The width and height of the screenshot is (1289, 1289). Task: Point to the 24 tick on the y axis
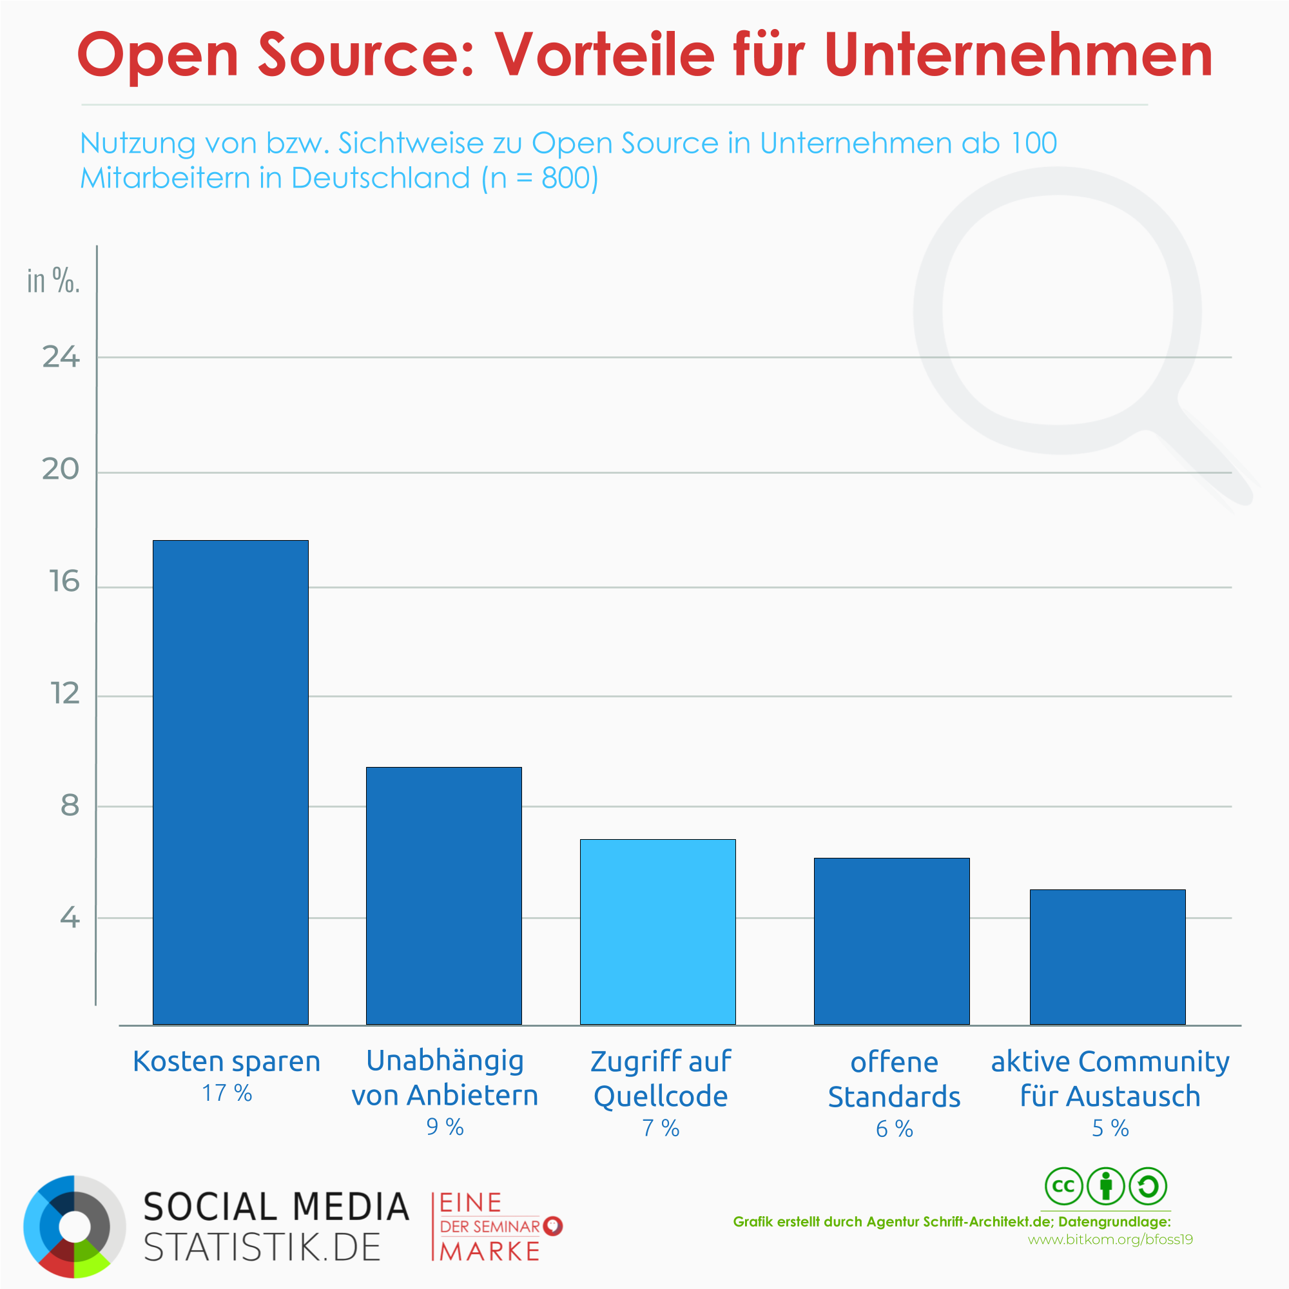pyautogui.click(x=61, y=358)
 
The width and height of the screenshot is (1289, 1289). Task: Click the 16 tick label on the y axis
pyautogui.click(x=64, y=582)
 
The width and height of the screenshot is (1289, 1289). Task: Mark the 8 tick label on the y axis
pyautogui.click(x=70, y=806)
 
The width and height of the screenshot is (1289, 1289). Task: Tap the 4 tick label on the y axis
pyautogui.click(x=70, y=918)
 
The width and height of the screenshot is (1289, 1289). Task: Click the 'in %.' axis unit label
pyautogui.click(x=53, y=281)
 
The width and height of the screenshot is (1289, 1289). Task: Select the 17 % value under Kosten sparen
pyautogui.click(x=227, y=1093)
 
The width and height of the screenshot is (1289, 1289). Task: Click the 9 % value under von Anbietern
pyautogui.click(x=445, y=1127)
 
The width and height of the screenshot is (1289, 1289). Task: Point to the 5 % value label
pyautogui.click(x=1110, y=1129)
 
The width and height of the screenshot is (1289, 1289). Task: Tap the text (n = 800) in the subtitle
pyautogui.click(x=539, y=178)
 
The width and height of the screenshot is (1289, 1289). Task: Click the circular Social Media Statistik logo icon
pyautogui.click(x=75, y=1226)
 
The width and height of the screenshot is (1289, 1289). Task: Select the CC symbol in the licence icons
pyautogui.click(x=1063, y=1187)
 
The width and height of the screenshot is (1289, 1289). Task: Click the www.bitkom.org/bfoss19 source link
pyautogui.click(x=1110, y=1239)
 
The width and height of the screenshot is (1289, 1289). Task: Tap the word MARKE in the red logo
pyautogui.click(x=490, y=1252)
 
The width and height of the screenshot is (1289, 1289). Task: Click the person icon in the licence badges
pyautogui.click(x=1105, y=1187)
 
